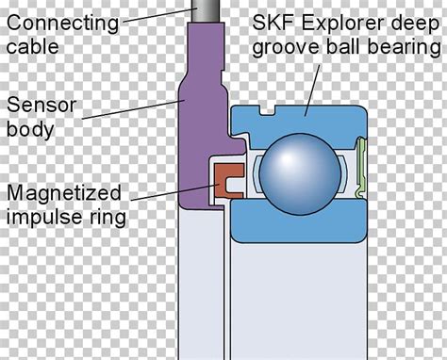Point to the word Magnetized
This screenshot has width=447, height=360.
coord(63,194)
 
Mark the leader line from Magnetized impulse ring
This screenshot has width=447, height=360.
coord(170,197)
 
